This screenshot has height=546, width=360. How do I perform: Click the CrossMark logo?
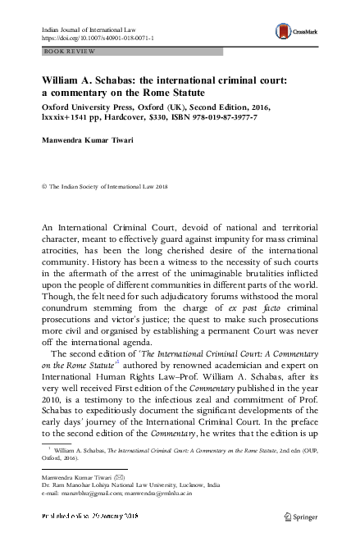click(298, 32)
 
